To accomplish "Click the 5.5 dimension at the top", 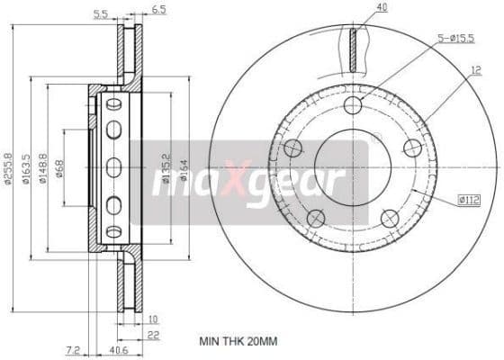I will pos(102,13).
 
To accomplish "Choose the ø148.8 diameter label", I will pos(42,169).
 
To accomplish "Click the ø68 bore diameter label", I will pos(59,168).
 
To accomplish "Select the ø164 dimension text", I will pos(184,168).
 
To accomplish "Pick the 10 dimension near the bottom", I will pos(153,319).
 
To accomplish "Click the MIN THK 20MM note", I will pos(238,342).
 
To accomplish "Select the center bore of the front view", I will pos(352,168).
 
